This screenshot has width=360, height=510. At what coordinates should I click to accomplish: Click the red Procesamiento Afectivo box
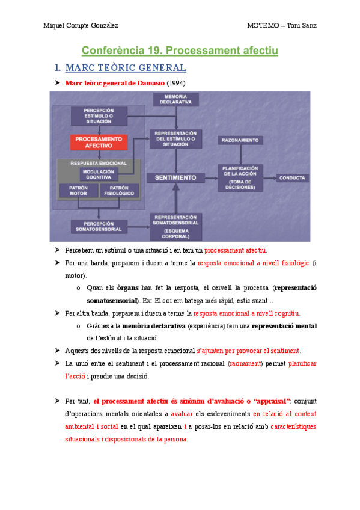pyautogui.click(x=98, y=142)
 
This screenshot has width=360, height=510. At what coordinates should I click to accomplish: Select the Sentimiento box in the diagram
pyautogui.click(x=175, y=178)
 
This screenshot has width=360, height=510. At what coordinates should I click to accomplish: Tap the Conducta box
pyautogui.click(x=293, y=178)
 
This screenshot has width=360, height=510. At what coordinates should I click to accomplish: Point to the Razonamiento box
pyautogui.click(x=240, y=140)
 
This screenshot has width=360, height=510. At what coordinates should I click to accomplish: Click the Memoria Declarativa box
pyautogui.click(x=175, y=100)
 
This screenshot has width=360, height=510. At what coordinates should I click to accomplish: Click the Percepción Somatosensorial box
pyautogui.click(x=98, y=226)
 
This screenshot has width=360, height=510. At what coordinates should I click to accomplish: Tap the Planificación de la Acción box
pyautogui.click(x=240, y=178)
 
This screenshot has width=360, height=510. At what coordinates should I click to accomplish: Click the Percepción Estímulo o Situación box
pyautogui.click(x=98, y=116)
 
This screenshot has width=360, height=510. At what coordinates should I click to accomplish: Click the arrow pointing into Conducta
pyautogui.click(x=270, y=178)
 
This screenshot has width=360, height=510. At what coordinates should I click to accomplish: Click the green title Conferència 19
pyautogui.click(x=180, y=51)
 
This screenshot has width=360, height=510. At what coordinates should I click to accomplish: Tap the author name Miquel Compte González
pyautogui.click(x=81, y=25)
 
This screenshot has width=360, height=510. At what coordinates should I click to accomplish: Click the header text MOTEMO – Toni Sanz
pyautogui.click(x=281, y=25)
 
